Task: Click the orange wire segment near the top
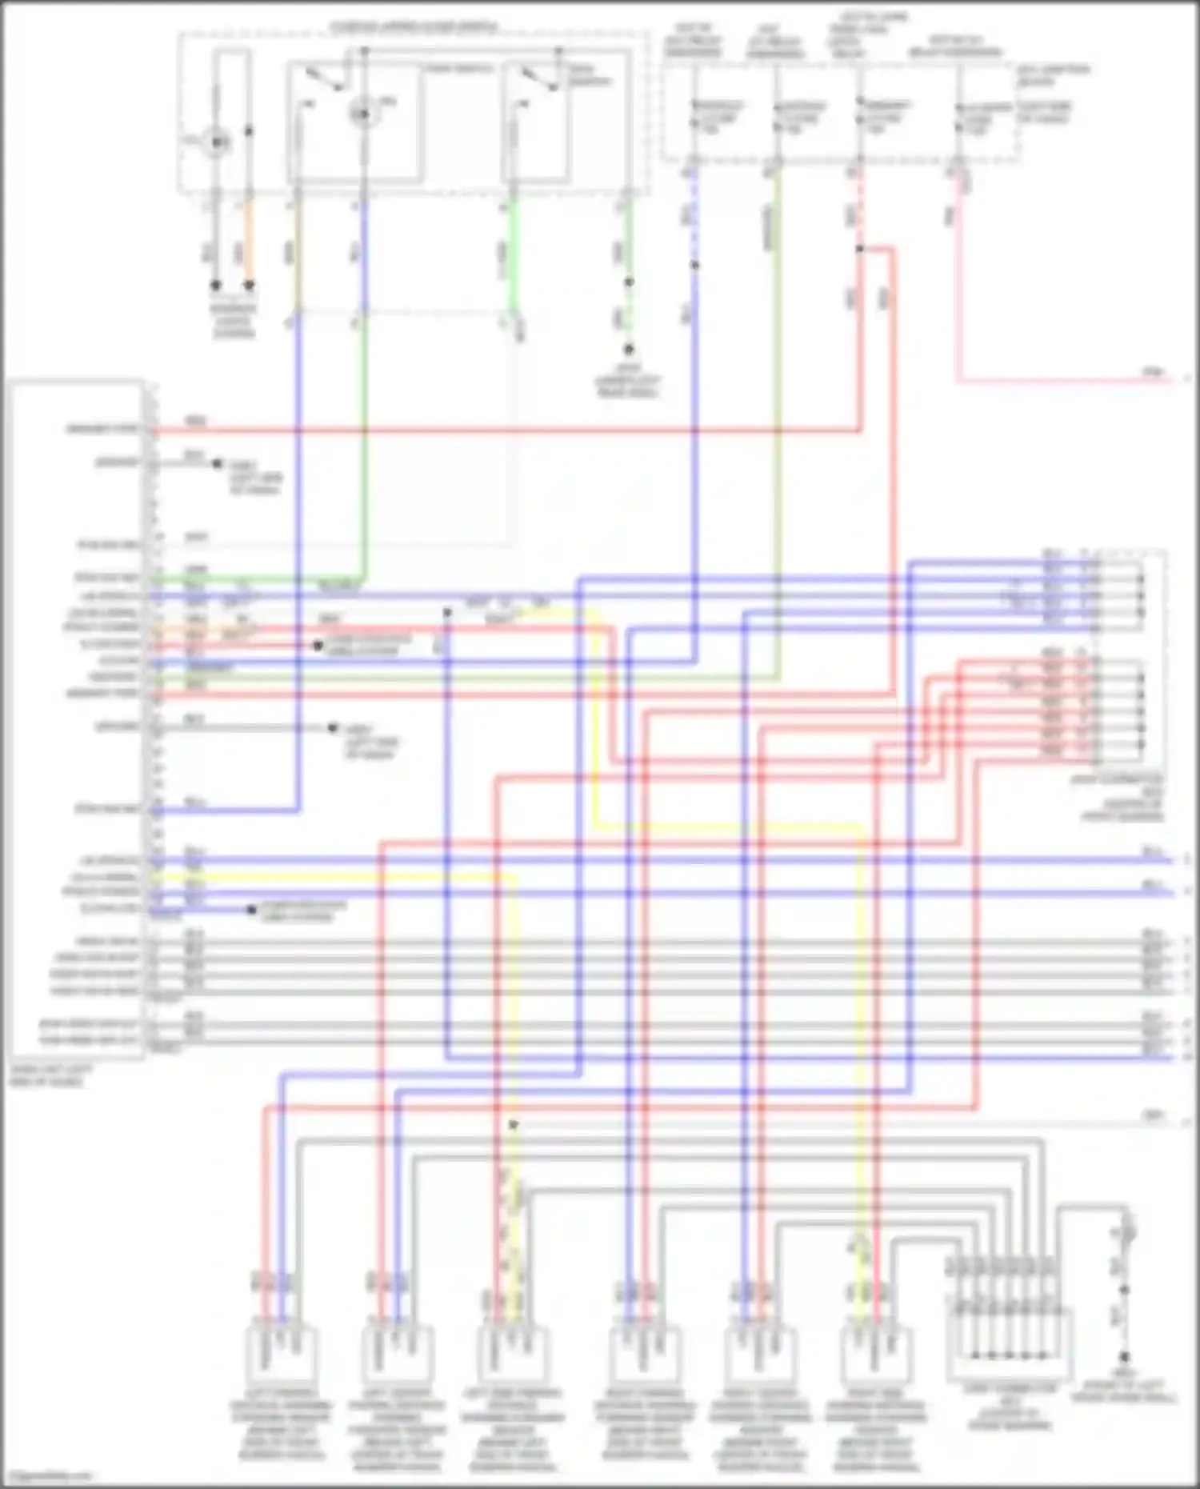249,240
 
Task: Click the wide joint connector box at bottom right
1010,1344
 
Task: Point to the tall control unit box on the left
77,720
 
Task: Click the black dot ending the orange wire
249,285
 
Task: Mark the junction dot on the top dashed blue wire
694,265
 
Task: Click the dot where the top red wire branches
860,249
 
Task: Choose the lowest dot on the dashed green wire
629,350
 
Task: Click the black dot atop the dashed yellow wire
514,1125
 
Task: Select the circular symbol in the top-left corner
216,142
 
